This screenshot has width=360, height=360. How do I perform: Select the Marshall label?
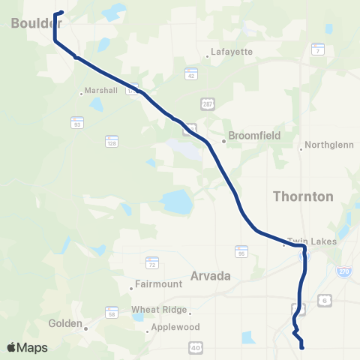(x=103, y=90)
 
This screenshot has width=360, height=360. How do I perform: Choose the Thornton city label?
(x=303, y=196)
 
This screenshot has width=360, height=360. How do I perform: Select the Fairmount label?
(x=157, y=285)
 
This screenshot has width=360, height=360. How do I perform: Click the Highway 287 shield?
(x=207, y=103)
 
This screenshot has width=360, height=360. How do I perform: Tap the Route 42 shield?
(x=191, y=73)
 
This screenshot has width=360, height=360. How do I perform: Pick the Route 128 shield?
(x=112, y=140)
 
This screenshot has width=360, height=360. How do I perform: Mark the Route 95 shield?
(x=241, y=251)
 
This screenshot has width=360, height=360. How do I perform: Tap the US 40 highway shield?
(x=196, y=346)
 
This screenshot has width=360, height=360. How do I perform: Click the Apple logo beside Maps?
(x=11, y=347)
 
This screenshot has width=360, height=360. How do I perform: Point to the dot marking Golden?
(x=86, y=328)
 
